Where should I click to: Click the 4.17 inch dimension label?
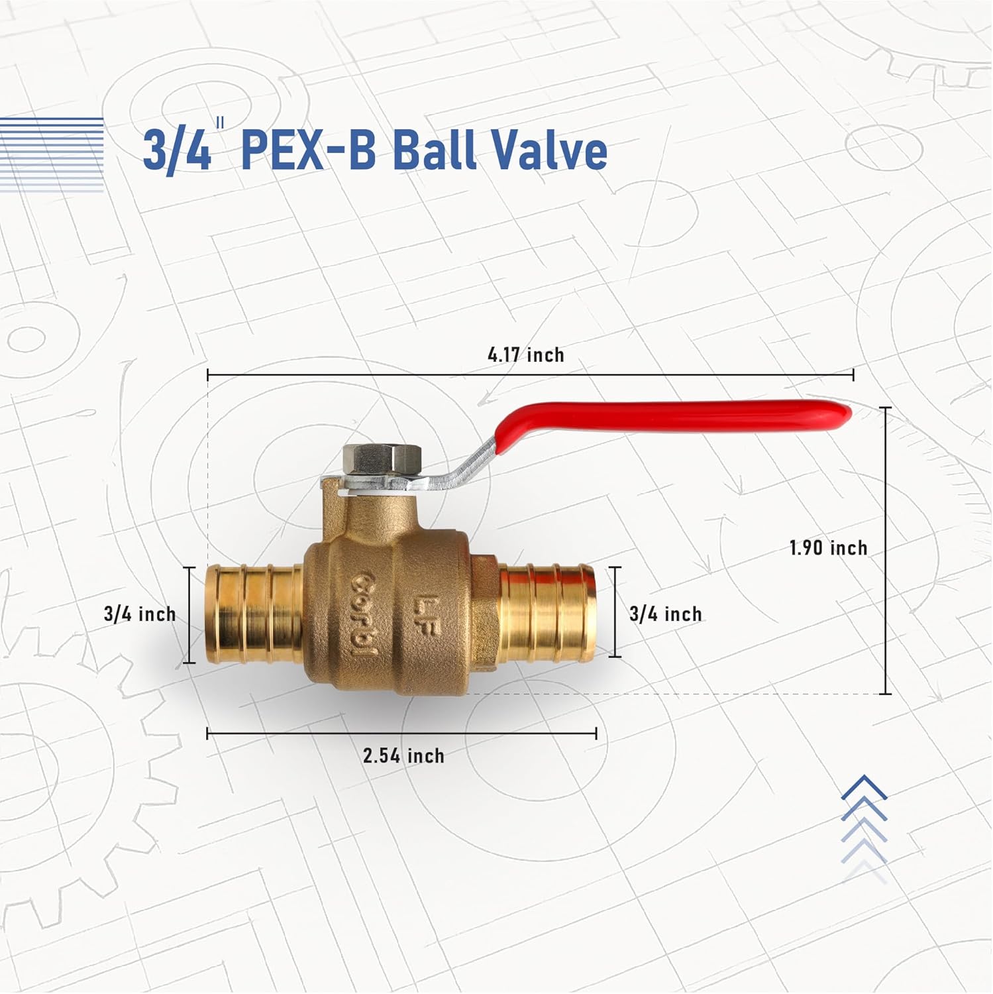[526, 355]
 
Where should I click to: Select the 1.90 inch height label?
[828, 548]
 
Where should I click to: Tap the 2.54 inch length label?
[403, 755]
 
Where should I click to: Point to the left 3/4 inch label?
[140, 614]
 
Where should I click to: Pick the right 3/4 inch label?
[665, 614]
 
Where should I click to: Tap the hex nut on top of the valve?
[382, 459]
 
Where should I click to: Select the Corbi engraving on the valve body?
[364, 614]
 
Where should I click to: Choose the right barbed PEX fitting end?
[547, 612]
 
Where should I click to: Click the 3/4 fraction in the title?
[176, 151]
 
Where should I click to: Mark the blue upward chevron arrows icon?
[864, 828]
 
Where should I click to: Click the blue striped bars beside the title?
[52, 155]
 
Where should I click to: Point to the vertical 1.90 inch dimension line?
[886, 550]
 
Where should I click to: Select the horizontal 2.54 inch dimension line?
[401, 733]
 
